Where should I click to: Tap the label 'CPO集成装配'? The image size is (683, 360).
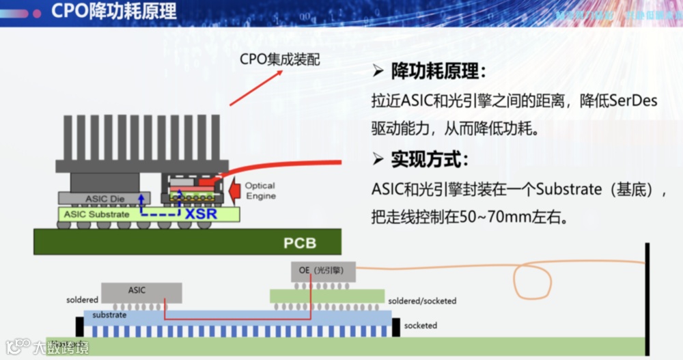[280, 59]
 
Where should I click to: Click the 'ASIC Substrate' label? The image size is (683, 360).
[96, 214]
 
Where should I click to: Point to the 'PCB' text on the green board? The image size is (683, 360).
[300, 243]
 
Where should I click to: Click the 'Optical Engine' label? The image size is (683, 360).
[260, 191]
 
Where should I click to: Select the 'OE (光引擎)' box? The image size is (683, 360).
[324, 271]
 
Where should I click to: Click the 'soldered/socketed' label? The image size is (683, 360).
[422, 301]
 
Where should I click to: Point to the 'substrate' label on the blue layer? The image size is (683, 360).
[109, 316]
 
